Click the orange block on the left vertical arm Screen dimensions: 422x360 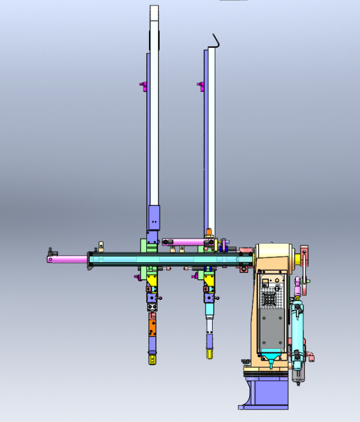[x=152, y=326]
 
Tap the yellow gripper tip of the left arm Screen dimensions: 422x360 [x=152, y=358]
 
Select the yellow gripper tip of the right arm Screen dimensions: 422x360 [x=209, y=353]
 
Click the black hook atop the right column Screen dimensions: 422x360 [x=215, y=41]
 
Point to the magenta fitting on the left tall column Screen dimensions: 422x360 [x=144, y=86]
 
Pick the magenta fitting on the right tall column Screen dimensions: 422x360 [x=201, y=86]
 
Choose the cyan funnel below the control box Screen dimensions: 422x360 [x=272, y=357]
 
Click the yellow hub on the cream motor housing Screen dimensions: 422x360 [x=296, y=258]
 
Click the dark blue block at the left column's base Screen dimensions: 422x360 [x=154, y=217]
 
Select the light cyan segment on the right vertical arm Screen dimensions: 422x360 [x=209, y=326]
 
